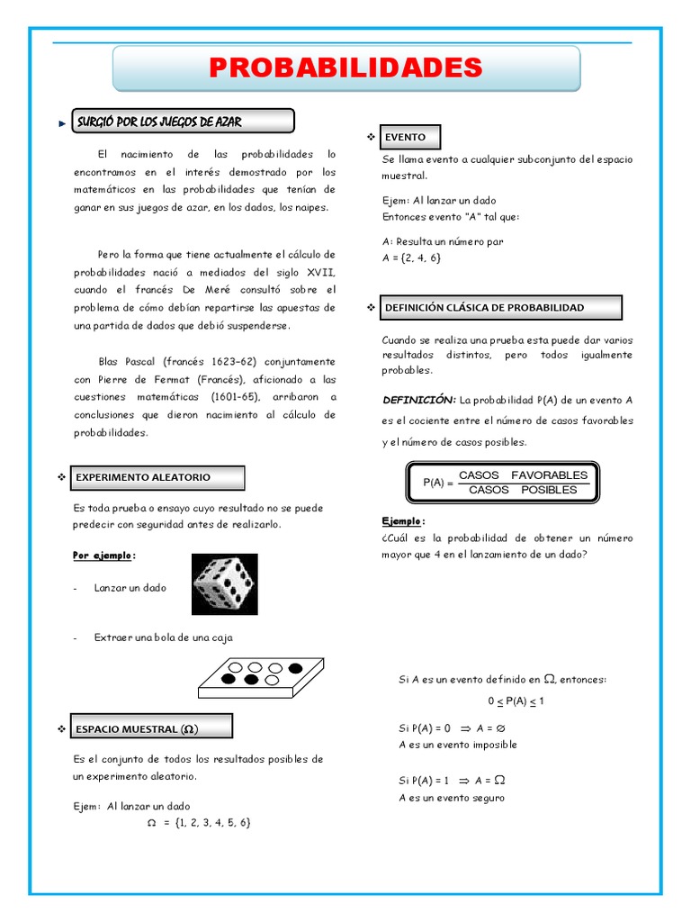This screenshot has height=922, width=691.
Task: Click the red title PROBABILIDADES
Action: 345,68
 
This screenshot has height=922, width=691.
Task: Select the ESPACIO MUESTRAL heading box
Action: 153,728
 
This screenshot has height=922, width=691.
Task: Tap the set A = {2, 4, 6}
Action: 411,258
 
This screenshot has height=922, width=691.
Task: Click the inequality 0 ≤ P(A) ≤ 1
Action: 516,701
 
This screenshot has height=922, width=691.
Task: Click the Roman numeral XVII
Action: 319,271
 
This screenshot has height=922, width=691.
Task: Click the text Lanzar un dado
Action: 130,587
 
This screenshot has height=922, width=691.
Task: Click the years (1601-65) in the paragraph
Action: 235,396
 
